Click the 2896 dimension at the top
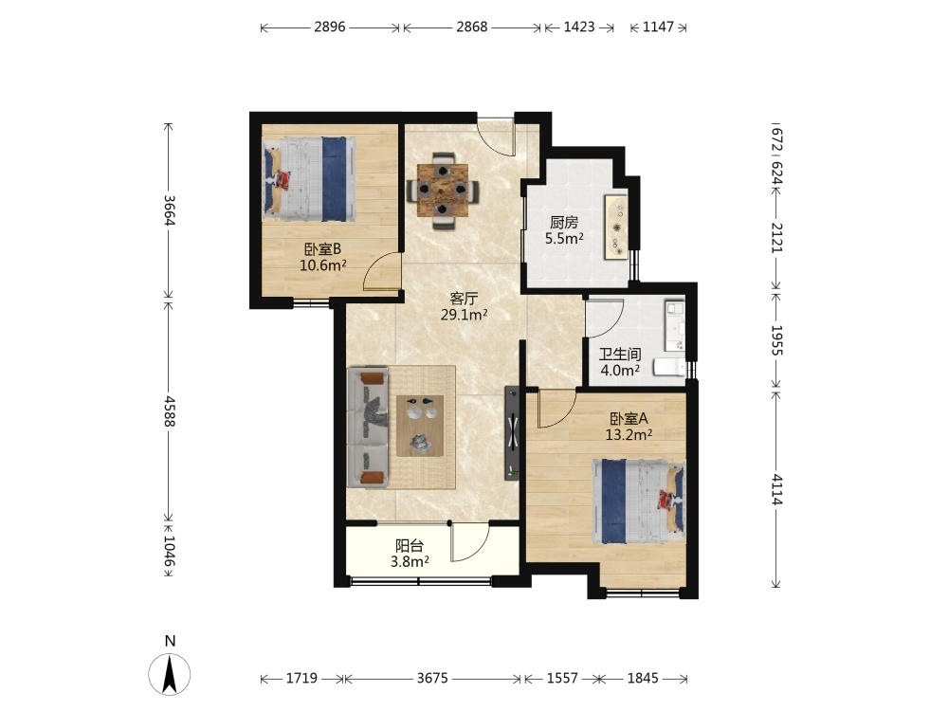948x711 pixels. pos(330,27)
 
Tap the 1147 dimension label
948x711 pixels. pos(658,27)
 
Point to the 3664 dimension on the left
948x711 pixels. pos(170,210)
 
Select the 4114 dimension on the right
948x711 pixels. pos(777,490)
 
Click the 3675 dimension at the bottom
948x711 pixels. pos(432,678)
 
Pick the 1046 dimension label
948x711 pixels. pos(170,552)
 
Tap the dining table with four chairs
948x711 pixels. pos(444,190)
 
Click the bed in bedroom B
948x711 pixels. pos(309,179)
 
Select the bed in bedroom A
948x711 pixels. pos(638,501)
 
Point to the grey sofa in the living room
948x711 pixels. pos(368,427)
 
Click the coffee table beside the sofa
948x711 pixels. pos(420,426)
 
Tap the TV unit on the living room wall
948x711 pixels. pos(512,433)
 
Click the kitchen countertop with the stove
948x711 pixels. pos(617,228)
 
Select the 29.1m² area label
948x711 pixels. pos(464,315)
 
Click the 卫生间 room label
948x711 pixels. pos(620,355)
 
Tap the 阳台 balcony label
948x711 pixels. pos(410,546)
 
